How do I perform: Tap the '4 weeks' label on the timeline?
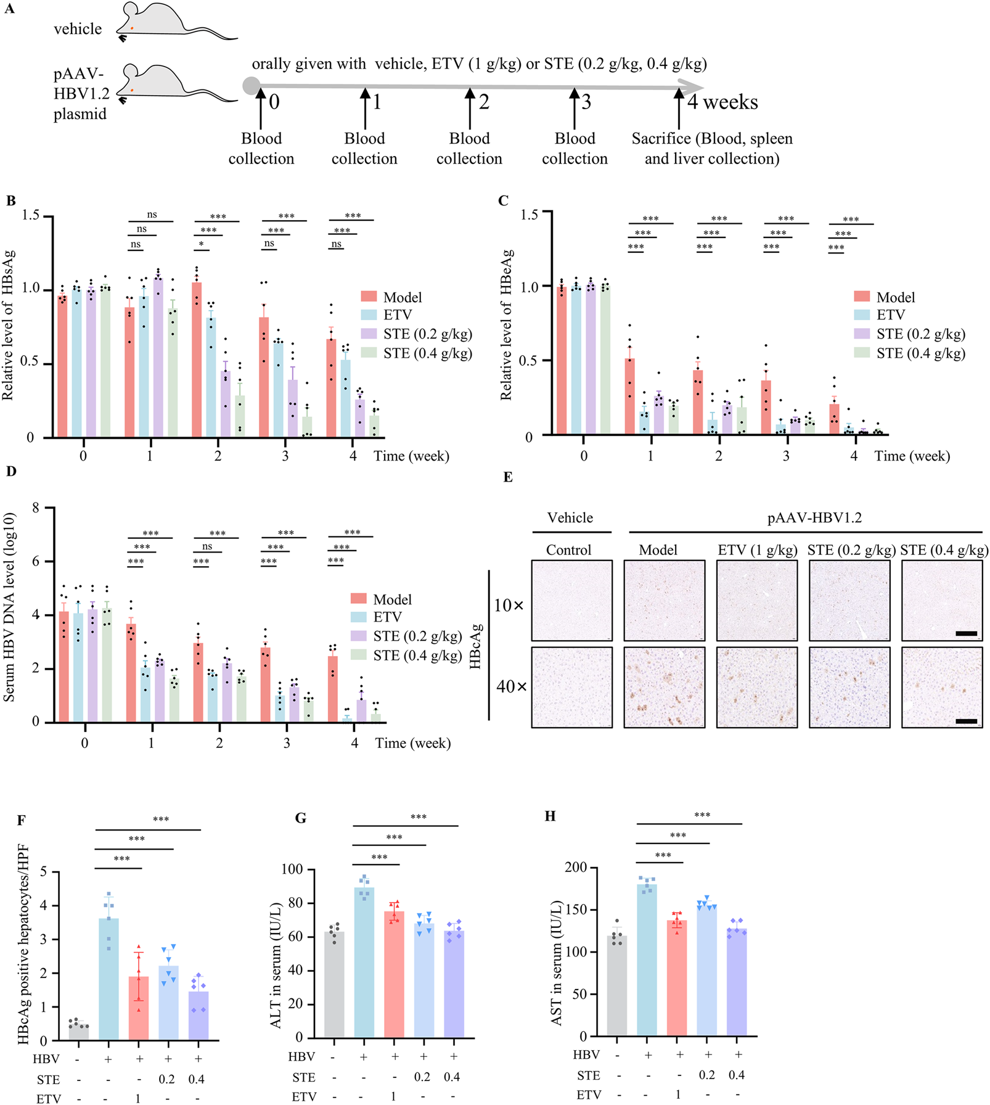pyautogui.click(x=722, y=102)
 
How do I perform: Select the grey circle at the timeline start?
pyautogui.click(x=251, y=86)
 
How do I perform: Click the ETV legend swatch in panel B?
pyautogui.click(x=369, y=314)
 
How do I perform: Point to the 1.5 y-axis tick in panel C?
pyautogui.click(x=529, y=214)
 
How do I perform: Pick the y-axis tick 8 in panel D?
pyautogui.click(x=36, y=508)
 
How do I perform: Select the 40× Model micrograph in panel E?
pyautogui.click(x=664, y=687)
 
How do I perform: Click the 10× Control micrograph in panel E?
pyautogui.click(x=571, y=600)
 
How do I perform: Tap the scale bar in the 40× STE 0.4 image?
pyautogui.click(x=966, y=721)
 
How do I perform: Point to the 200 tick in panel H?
pyautogui.click(x=577, y=868)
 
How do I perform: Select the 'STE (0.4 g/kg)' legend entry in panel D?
pyautogui.click(x=417, y=655)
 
